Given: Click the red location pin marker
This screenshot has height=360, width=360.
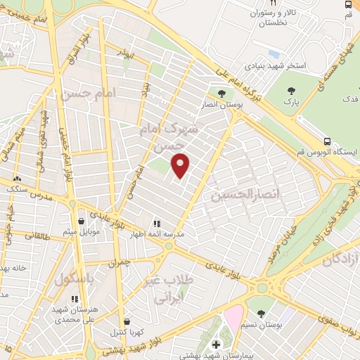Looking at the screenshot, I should [x=181, y=165].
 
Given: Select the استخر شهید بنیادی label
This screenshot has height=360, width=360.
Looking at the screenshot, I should [x=276, y=65].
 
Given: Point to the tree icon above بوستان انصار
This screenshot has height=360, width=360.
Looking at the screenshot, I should [x=221, y=93].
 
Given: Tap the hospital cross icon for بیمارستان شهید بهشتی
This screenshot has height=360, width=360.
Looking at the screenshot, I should [x=216, y=345].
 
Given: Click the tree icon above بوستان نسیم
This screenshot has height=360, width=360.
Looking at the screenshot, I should [x=261, y=314].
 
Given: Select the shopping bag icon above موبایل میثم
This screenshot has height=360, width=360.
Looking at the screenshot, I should [x=83, y=218].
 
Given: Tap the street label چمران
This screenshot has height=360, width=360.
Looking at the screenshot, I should [x=120, y=262].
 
